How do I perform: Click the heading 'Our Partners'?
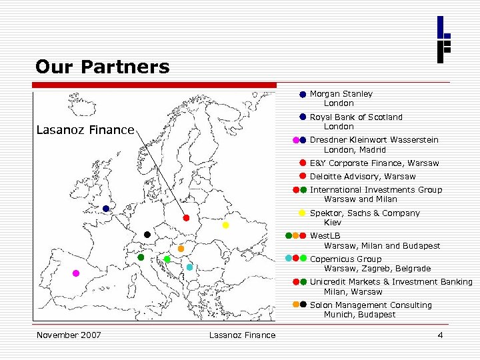pyautogui.click(x=103, y=67)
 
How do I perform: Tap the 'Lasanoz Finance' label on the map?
pyautogui.click(x=85, y=129)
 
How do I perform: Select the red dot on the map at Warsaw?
pyautogui.click(x=187, y=218)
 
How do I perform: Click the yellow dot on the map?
pyautogui.click(x=225, y=225)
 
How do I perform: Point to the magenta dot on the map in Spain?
pyautogui.click(x=76, y=273)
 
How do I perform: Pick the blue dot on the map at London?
pyautogui.click(x=106, y=209)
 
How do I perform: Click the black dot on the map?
pyautogui.click(x=147, y=235)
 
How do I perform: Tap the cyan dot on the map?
pyautogui.click(x=189, y=267)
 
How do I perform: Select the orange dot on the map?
pyautogui.click(x=181, y=249)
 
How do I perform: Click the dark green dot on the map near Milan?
pyautogui.click(x=141, y=257)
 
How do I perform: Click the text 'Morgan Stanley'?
pyautogui.click(x=341, y=94)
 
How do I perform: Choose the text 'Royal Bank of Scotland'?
pyautogui.click(x=356, y=117)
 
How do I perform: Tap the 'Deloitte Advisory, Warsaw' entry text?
pyautogui.click(x=362, y=177)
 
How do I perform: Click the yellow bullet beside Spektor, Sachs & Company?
pyautogui.click(x=302, y=213)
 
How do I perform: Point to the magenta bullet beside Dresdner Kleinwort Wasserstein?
pyautogui.click(x=296, y=140)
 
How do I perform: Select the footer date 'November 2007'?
pyautogui.click(x=69, y=335)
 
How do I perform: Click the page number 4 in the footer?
pyautogui.click(x=440, y=335)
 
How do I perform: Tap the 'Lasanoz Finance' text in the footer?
pyautogui.click(x=241, y=335)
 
